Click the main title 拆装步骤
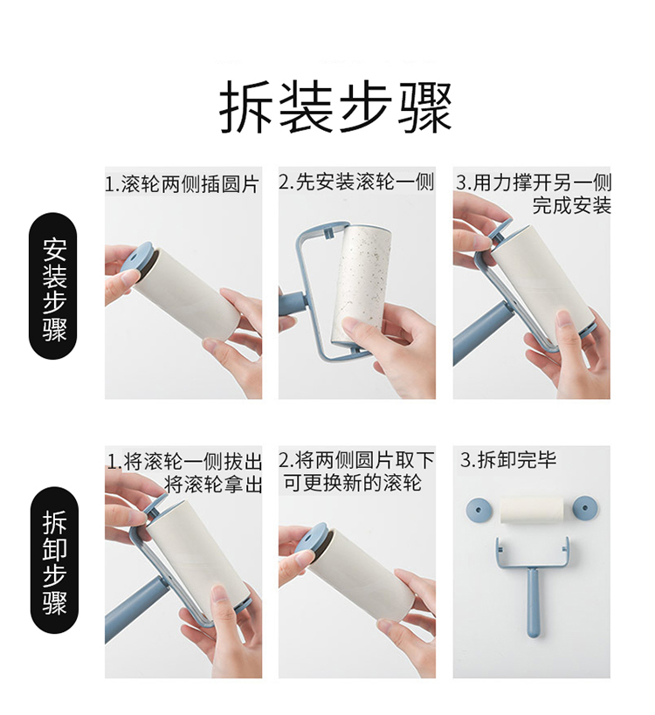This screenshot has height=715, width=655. click(x=335, y=107)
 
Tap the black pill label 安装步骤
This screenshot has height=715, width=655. click(x=53, y=285)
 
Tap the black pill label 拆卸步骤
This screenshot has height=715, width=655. click(x=54, y=560)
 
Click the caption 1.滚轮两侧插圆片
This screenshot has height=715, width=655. click(x=183, y=184)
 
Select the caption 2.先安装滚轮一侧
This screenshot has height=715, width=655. click(x=356, y=182)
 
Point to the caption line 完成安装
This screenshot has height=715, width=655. click(x=571, y=205)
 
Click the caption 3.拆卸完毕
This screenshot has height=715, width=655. click(x=508, y=459)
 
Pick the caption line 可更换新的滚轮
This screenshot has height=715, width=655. click(x=352, y=483)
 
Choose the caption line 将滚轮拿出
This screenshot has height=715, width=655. click(x=213, y=485)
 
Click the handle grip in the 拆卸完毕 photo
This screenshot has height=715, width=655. click(x=534, y=601)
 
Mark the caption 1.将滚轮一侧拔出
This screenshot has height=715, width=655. click(x=184, y=462)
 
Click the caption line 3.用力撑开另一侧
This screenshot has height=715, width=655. click(x=534, y=182)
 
